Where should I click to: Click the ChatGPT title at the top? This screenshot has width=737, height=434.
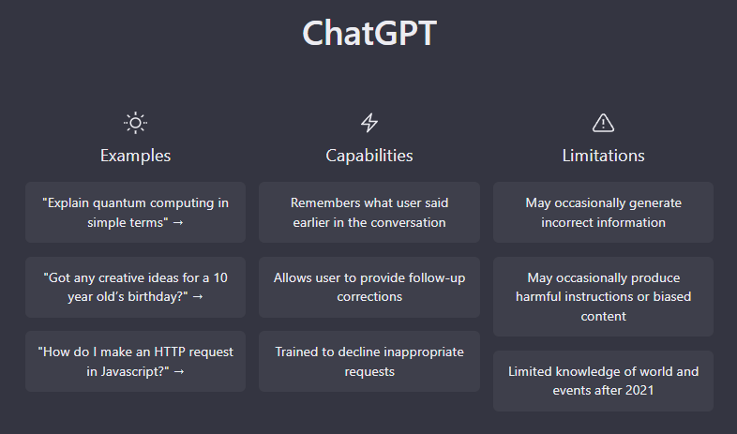click(x=369, y=33)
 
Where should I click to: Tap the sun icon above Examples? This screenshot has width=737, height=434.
click(x=135, y=123)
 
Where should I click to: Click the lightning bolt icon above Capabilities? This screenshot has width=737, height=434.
click(x=369, y=123)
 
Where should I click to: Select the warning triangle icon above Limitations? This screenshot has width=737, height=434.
click(x=603, y=123)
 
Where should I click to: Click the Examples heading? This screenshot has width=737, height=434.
click(x=135, y=156)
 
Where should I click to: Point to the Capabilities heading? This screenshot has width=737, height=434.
click(x=369, y=156)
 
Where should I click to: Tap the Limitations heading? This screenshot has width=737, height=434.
click(x=603, y=156)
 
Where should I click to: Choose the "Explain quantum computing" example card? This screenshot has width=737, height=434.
click(x=135, y=212)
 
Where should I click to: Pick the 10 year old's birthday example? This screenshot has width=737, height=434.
click(x=135, y=287)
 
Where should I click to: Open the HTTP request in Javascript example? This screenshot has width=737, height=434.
click(x=135, y=361)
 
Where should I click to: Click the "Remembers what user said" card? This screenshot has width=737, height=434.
click(x=369, y=212)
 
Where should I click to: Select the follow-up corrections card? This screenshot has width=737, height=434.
click(x=369, y=287)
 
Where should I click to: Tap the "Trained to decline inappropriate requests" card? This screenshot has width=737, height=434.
click(x=369, y=361)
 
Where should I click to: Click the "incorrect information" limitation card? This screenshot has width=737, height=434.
click(x=603, y=212)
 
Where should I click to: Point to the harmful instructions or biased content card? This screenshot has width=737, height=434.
click(x=603, y=296)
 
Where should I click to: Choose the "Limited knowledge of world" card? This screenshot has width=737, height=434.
click(x=603, y=381)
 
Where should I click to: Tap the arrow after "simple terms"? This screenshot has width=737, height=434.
click(x=178, y=223)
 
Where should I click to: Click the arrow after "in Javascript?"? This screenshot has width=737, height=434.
click(x=179, y=371)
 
